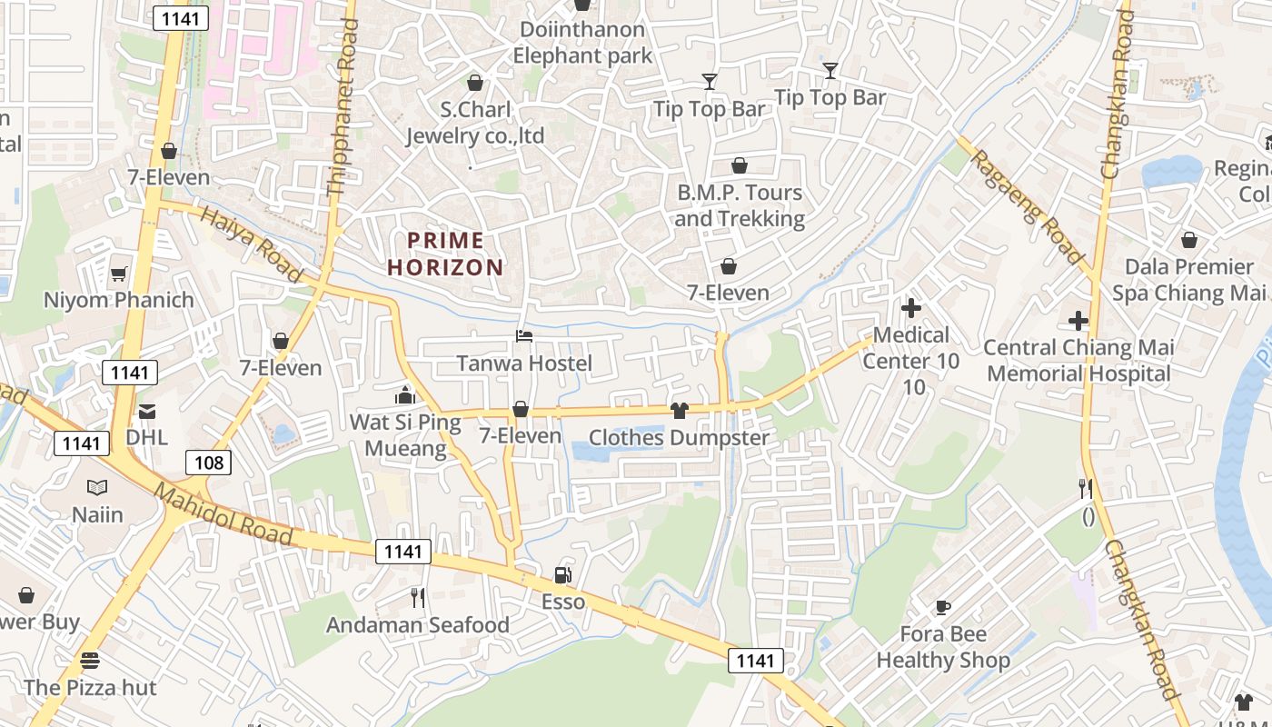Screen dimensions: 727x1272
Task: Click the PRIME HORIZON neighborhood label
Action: [x=445, y=254]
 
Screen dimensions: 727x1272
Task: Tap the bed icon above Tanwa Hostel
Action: [x=524, y=336]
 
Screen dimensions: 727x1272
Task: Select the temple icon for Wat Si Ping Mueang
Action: [x=404, y=395]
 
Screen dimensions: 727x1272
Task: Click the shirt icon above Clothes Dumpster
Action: [x=679, y=411]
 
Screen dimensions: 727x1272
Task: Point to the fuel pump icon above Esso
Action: [x=563, y=574]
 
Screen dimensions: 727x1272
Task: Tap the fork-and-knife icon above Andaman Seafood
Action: [x=418, y=597]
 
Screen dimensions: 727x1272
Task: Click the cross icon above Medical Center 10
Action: [x=910, y=308]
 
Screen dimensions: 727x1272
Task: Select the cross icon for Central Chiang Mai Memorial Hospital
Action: [x=1078, y=321]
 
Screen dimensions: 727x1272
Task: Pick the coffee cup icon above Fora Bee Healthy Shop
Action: [x=942, y=606]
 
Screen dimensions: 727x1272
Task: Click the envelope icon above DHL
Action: [x=147, y=411]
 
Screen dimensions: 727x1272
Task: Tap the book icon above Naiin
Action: [x=97, y=488]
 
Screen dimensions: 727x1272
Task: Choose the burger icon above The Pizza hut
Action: [x=89, y=660]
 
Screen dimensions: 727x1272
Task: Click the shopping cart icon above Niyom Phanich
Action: [x=118, y=274]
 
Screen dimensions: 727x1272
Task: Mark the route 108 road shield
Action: [x=209, y=463]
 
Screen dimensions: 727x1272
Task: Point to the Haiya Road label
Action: [x=251, y=244]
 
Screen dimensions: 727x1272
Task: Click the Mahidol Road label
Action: [x=223, y=515]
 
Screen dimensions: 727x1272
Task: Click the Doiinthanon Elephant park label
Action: [x=582, y=43]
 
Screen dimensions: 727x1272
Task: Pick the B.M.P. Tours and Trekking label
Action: [x=739, y=205]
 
